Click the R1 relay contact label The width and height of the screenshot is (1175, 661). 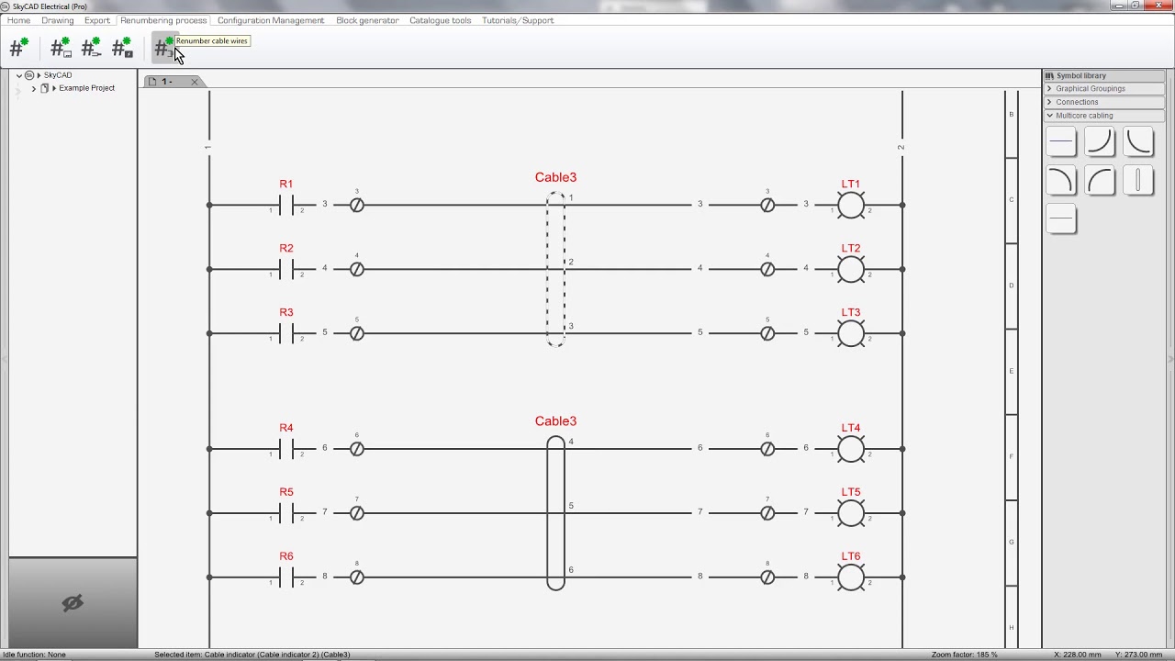(x=286, y=185)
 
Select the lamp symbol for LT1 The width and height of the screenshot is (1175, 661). (x=851, y=205)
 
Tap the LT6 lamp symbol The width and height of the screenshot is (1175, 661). (x=851, y=577)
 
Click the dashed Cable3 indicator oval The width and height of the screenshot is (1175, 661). (x=555, y=269)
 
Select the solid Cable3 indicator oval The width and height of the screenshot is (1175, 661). (x=555, y=512)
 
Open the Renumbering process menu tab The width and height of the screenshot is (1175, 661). (x=163, y=20)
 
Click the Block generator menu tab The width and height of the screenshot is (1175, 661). (x=367, y=20)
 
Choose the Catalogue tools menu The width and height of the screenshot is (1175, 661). (x=441, y=20)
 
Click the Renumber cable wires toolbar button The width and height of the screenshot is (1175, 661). (x=163, y=49)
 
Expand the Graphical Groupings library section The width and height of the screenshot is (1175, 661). (x=1090, y=89)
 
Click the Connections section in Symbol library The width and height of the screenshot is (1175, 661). (x=1077, y=102)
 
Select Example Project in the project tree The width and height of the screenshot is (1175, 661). (x=86, y=88)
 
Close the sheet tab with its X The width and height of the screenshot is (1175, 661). (x=195, y=82)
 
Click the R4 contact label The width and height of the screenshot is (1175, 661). (x=286, y=428)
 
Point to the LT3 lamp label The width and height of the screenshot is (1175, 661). (x=851, y=313)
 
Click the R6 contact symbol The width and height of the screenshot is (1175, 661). (x=292, y=577)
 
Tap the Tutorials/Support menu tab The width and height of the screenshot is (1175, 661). (x=518, y=20)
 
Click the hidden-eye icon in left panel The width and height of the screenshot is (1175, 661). (x=73, y=602)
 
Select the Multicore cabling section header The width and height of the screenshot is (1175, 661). (x=1084, y=116)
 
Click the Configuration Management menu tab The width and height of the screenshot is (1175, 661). (x=271, y=20)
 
